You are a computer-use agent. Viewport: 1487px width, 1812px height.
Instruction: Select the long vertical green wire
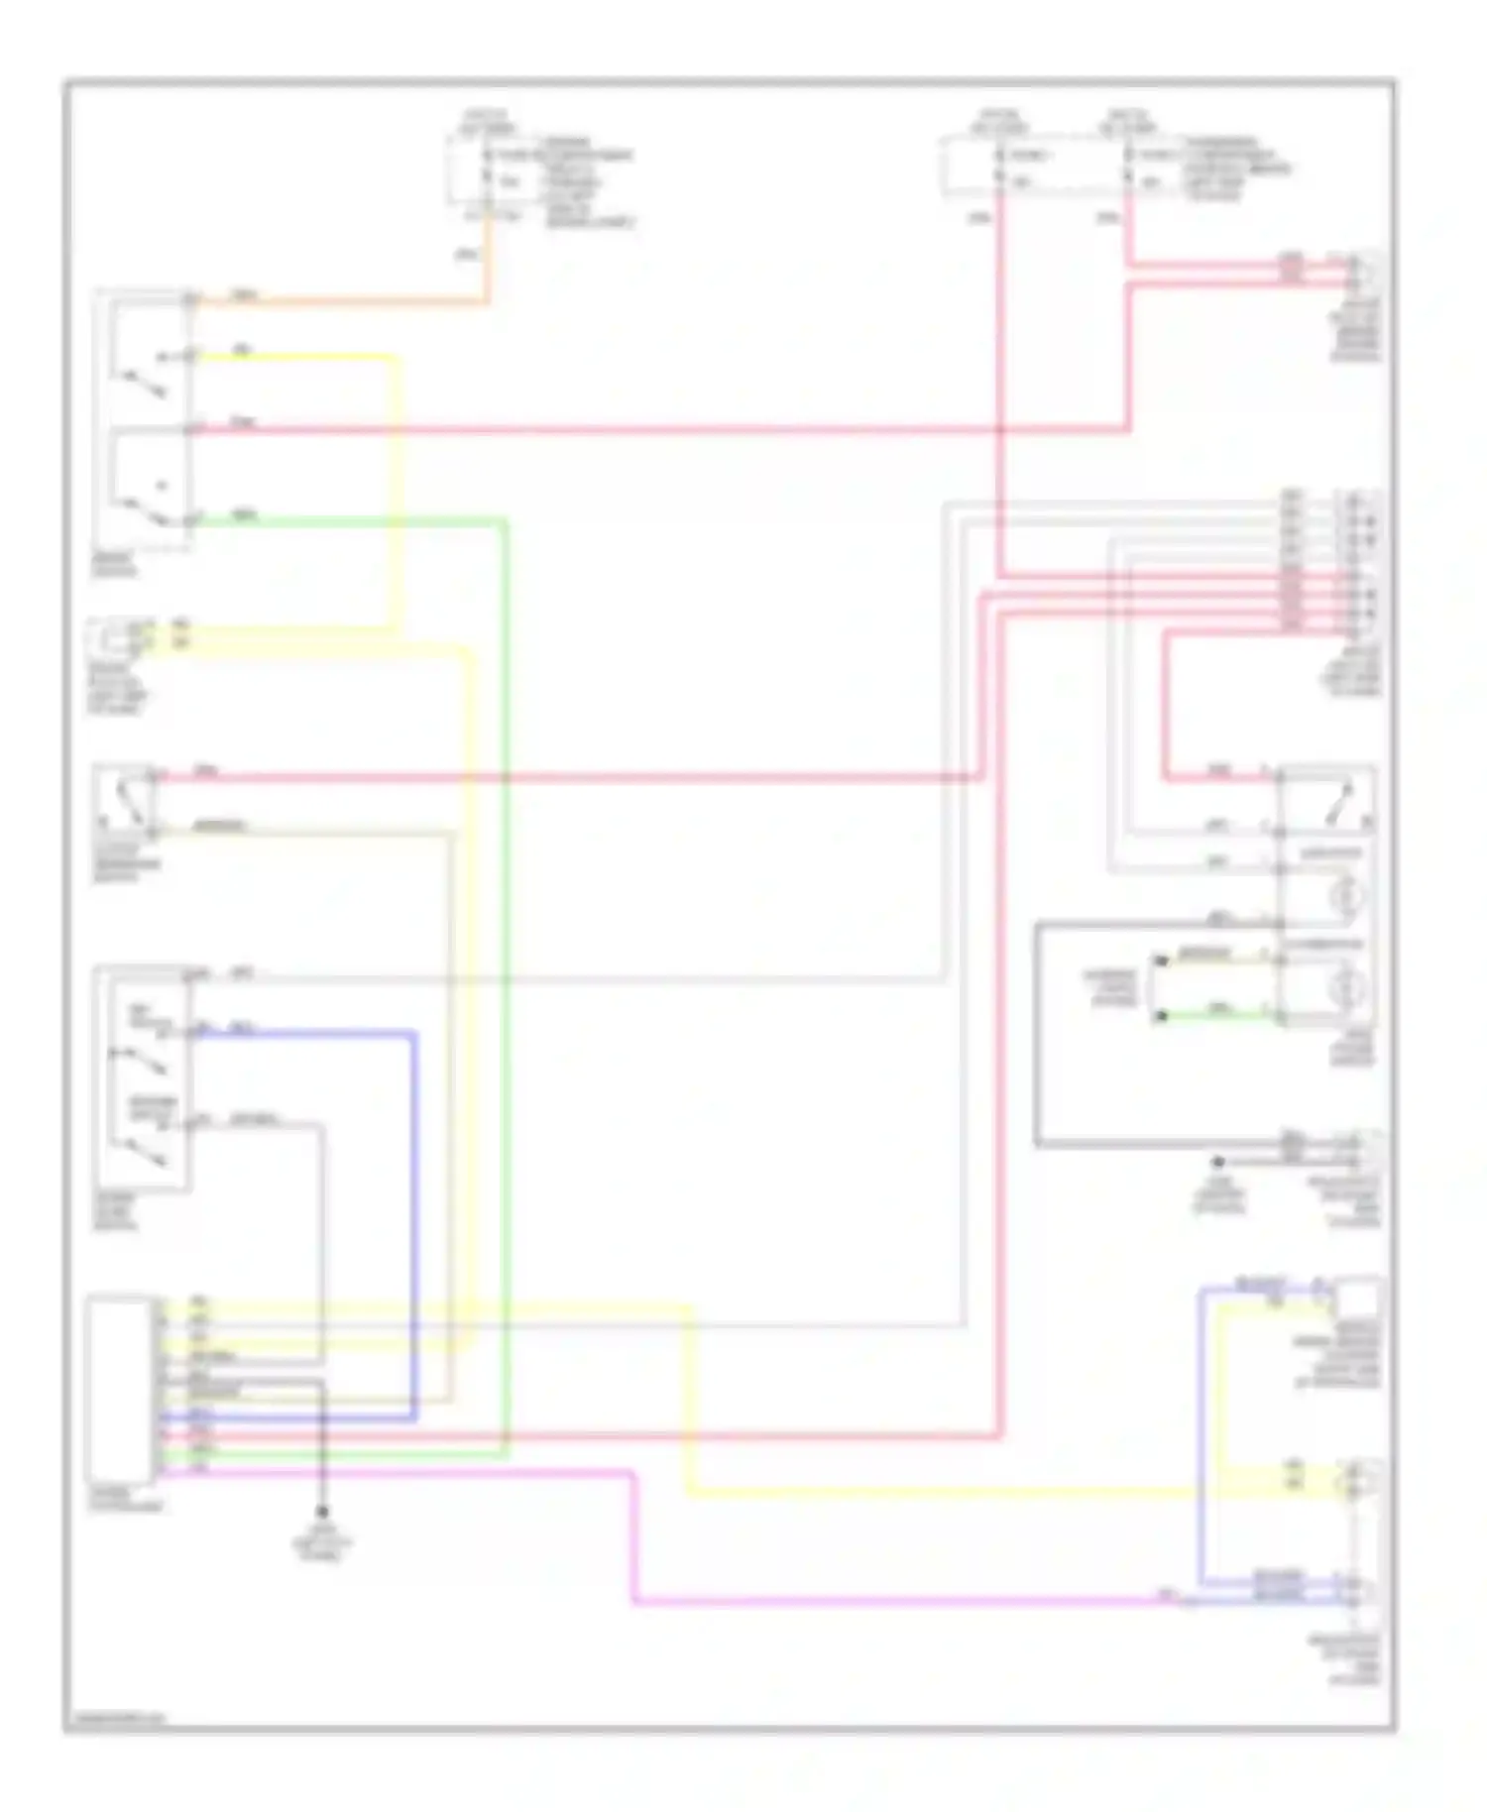tap(506, 991)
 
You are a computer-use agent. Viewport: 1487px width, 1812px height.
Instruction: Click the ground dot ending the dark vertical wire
tap(321, 1513)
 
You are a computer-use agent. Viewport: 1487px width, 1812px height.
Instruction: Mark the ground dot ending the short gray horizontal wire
tap(1218, 1161)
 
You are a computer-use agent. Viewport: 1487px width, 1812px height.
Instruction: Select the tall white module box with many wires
tap(120, 1388)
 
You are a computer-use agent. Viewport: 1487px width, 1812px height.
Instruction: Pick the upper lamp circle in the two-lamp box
tap(1347, 895)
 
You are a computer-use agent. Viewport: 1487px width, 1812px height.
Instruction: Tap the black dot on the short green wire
tap(1161, 1015)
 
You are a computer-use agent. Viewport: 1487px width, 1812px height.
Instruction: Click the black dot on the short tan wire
tap(1161, 961)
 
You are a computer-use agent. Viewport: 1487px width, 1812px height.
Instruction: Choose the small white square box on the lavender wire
tap(1358, 1298)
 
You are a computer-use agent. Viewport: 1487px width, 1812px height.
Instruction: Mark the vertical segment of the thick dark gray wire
tap(1037, 1036)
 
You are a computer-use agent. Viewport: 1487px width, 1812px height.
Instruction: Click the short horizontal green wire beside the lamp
tap(1219, 1016)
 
